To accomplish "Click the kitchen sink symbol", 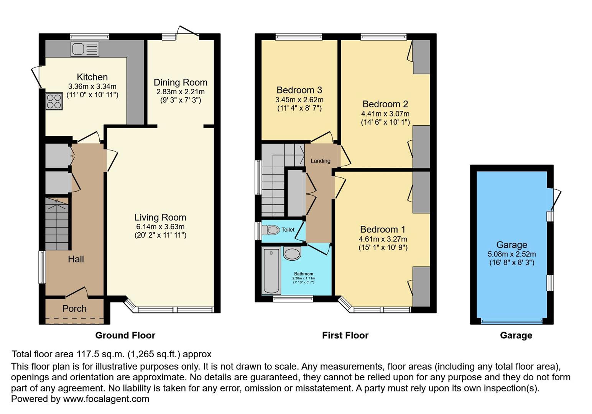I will point(85,49).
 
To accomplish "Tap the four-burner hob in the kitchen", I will point(54,101).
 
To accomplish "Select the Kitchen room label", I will point(92,77).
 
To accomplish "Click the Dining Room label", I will point(180,82).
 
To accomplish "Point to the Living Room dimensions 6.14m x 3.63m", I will point(160,227).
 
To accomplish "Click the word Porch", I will point(74,309).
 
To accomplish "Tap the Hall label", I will point(76,259).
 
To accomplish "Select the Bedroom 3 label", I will point(299,90).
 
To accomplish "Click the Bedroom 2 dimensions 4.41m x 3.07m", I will point(385,114).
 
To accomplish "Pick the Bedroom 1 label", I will point(382,229).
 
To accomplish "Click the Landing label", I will point(320,161).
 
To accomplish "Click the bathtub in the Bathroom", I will point(271,271).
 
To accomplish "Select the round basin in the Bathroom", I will point(292,253).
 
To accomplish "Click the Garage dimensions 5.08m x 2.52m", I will point(511,254).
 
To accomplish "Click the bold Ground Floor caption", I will point(125,335).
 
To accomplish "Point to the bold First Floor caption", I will point(345,335).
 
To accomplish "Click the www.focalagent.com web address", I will point(106,399).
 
